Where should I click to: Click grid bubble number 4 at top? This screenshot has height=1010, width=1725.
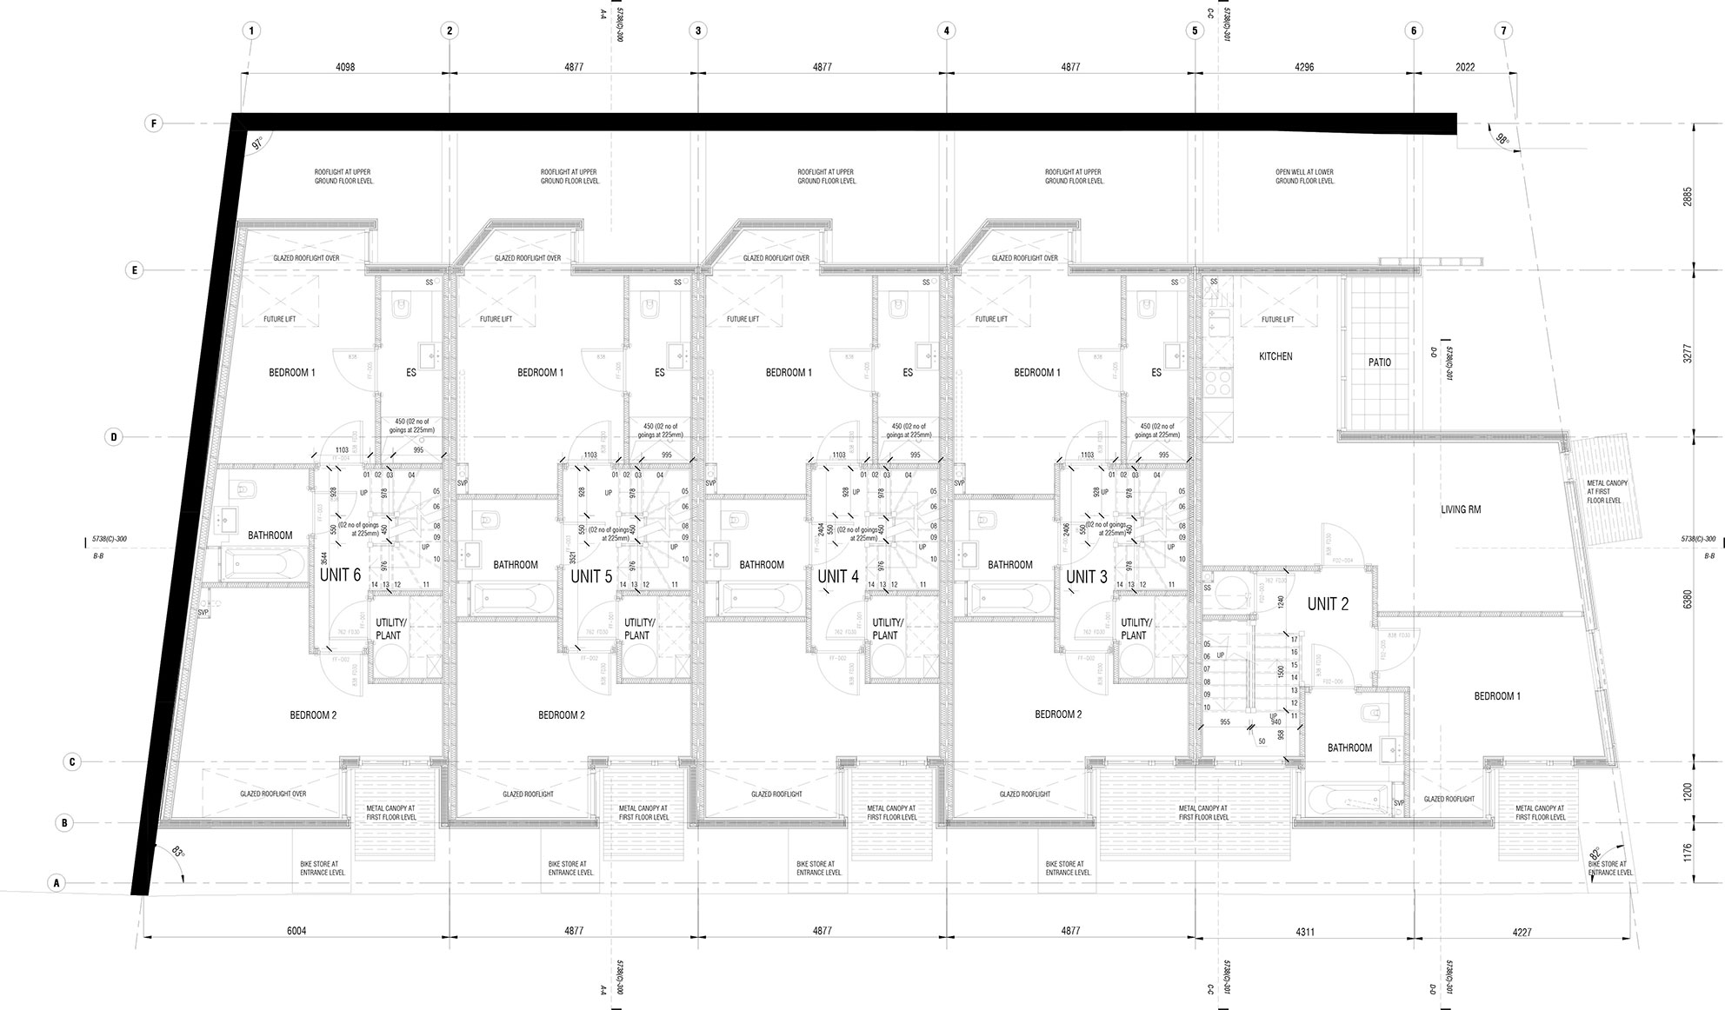(x=946, y=30)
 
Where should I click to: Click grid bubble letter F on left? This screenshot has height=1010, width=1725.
(x=154, y=123)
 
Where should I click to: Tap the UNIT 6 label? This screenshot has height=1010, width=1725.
(x=340, y=575)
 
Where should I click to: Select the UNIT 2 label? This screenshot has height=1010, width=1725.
(x=1328, y=604)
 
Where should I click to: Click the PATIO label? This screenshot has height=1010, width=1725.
(x=1379, y=362)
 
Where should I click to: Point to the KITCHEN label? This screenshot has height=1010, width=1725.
(x=1275, y=356)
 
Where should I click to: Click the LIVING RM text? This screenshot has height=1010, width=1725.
(x=1460, y=509)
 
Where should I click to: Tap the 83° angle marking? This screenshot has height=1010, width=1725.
(x=177, y=852)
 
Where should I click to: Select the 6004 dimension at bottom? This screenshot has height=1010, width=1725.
(x=296, y=931)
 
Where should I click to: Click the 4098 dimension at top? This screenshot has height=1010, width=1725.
(x=345, y=67)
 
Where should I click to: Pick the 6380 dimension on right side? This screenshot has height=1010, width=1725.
(x=1688, y=600)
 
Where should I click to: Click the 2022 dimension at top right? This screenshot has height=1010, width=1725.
(x=1465, y=67)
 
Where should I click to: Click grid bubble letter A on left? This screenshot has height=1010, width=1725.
(x=57, y=883)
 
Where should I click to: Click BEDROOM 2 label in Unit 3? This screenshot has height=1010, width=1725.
(x=1058, y=714)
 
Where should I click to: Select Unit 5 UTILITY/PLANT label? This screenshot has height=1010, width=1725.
(x=636, y=629)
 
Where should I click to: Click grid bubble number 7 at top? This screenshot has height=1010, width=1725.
(x=1503, y=30)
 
